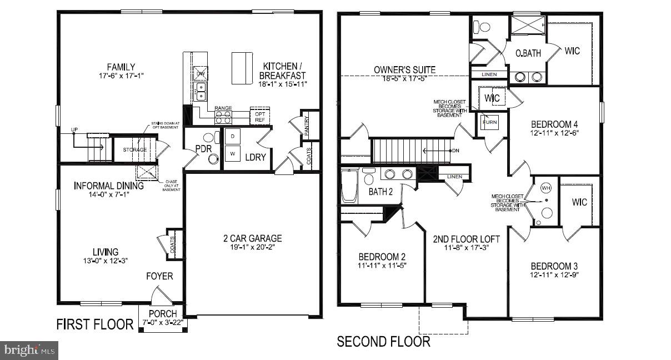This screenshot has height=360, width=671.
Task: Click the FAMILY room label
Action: [x=121, y=67]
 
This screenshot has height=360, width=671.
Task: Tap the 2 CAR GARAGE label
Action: [x=253, y=238]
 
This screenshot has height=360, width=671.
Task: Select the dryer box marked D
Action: [x=232, y=136]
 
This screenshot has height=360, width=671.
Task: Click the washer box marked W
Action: [x=232, y=153]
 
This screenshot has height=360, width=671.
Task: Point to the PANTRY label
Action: [x=307, y=126]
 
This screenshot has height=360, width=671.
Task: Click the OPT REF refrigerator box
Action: [x=259, y=116]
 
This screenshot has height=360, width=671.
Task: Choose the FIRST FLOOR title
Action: [x=95, y=324]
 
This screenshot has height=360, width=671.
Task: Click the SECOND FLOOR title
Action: [x=383, y=341]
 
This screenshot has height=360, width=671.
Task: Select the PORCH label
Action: [x=162, y=314]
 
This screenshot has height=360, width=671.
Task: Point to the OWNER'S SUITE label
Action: [x=404, y=70]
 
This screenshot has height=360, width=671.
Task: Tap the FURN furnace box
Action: [x=489, y=121]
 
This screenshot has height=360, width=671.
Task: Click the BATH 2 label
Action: [x=380, y=192]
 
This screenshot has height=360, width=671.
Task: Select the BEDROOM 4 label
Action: [x=554, y=124]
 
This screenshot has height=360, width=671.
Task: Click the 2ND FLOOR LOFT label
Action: [x=466, y=239]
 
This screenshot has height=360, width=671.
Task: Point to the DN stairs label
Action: [x=455, y=150]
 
